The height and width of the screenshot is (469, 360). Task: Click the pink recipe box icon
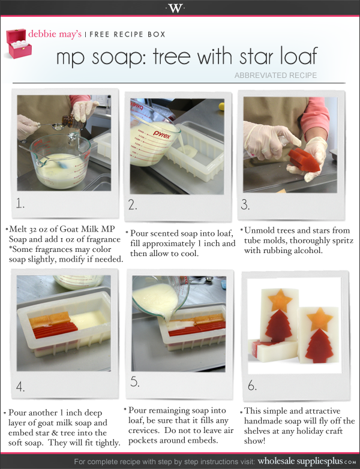click(x=19, y=43)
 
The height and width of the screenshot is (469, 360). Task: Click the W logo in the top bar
click(x=175, y=8)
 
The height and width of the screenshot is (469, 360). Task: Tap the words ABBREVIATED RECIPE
click(x=275, y=76)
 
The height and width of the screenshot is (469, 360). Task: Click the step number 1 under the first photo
click(x=20, y=204)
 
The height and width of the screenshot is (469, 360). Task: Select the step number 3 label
click(x=245, y=205)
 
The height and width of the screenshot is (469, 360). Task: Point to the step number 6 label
click(x=252, y=386)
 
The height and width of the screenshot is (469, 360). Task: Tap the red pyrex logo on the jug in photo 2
click(x=161, y=134)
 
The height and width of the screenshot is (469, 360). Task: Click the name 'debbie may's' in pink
click(x=55, y=34)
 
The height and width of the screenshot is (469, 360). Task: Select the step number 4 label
click(x=20, y=387)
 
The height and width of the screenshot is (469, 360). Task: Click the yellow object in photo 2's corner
click(x=221, y=106)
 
